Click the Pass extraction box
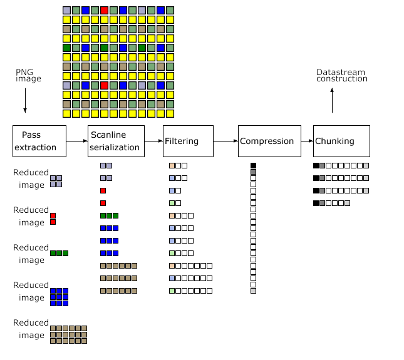[39, 141]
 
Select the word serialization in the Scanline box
[115, 147]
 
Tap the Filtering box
[188, 141]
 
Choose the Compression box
[266, 141]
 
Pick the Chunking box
[341, 141]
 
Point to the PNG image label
[28, 76]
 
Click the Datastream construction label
[341, 76]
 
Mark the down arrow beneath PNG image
[25, 111]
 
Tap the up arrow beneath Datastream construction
[332, 90]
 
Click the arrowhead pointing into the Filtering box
[161, 141]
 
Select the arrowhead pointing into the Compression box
[236, 141]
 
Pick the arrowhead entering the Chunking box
[311, 141]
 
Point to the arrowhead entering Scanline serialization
[86, 141]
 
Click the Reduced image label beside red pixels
[31, 216]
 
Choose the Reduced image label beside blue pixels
[31, 291]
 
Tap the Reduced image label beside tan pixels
[31, 329]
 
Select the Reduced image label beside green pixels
[31, 254]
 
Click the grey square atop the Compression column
[253, 172]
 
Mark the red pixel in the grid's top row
[104, 11]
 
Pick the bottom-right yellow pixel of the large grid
[170, 113]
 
